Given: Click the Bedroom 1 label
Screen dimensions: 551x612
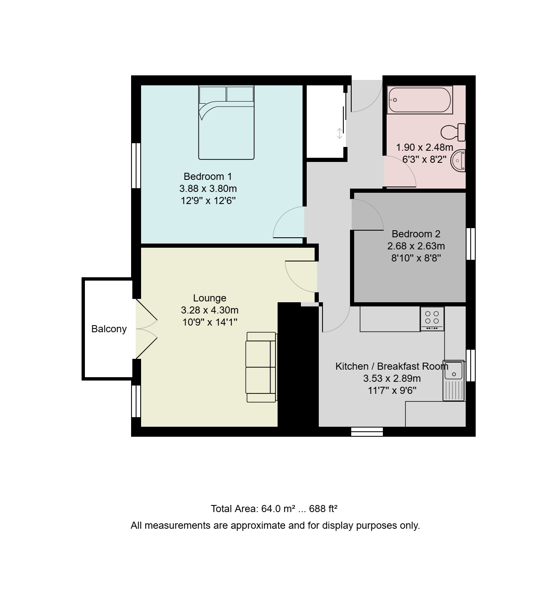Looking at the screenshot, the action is [x=208, y=177].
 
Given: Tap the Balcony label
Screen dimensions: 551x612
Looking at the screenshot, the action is [x=109, y=329].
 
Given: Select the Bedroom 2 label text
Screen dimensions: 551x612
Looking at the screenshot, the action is [x=416, y=234].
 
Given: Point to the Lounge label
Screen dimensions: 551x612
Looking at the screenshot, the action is [x=210, y=298].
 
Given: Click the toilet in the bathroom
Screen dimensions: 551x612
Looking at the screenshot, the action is [x=453, y=132].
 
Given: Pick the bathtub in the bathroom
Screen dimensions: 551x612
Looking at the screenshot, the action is [x=419, y=100].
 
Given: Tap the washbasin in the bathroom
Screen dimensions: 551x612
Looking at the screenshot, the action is [x=458, y=160].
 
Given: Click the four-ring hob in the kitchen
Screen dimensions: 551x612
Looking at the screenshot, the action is [x=432, y=319].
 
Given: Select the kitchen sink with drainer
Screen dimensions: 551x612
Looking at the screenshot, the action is [x=454, y=380].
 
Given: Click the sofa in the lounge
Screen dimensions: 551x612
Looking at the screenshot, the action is [x=261, y=367].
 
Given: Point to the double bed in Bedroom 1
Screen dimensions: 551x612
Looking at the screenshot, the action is [x=226, y=122].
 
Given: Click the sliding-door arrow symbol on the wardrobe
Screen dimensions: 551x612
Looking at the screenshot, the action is [x=340, y=133].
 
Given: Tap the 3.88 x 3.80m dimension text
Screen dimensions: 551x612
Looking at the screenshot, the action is [x=208, y=189].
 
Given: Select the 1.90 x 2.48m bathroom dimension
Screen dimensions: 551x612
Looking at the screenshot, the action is [x=424, y=147].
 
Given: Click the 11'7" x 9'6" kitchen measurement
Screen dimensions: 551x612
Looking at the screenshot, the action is [x=392, y=390].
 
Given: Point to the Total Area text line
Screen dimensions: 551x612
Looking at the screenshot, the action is [x=274, y=509].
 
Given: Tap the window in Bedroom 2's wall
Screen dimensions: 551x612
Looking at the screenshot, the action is [x=471, y=244].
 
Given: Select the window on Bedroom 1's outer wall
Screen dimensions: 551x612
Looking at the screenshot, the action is [x=136, y=165].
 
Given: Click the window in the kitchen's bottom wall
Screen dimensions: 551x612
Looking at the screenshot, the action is [x=367, y=432].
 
